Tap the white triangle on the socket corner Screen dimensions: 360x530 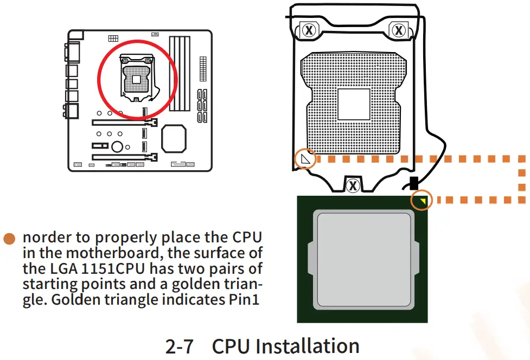[306, 159]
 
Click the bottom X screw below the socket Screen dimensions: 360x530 [353, 185]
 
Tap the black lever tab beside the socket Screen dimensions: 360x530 [413, 182]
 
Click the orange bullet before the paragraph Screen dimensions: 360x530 [9, 239]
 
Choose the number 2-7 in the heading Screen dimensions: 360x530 [179, 346]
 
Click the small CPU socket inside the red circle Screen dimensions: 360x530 [136, 79]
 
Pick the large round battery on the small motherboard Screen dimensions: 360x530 [117, 146]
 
